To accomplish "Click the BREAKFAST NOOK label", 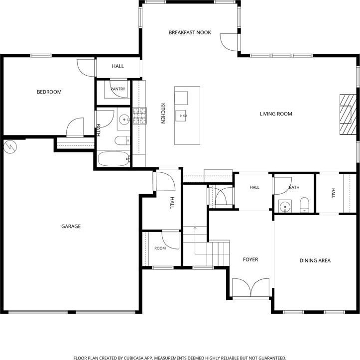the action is click(x=190, y=32).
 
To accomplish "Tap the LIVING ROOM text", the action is click(x=276, y=114).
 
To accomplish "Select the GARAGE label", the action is click(x=71, y=227).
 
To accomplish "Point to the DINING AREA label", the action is click(x=315, y=260).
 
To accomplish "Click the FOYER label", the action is click(x=250, y=260).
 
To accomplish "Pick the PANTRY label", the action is click(x=118, y=89).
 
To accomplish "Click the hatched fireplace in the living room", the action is click(x=348, y=115).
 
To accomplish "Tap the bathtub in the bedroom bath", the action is click(x=114, y=158).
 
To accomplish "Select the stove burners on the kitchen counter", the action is click(x=139, y=116).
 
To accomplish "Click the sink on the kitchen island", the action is click(x=181, y=116).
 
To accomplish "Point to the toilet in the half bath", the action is click(x=305, y=204).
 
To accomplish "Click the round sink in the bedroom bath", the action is click(x=124, y=120).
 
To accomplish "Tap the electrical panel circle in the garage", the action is click(x=10, y=147).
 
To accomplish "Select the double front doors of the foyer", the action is click(x=251, y=288).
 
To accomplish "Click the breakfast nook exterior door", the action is click(x=229, y=42).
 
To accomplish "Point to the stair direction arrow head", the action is click(x=195, y=228).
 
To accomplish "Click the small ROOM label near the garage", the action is click(x=160, y=248).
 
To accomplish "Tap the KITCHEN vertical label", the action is click(x=163, y=114).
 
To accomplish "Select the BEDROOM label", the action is click(x=49, y=92).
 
